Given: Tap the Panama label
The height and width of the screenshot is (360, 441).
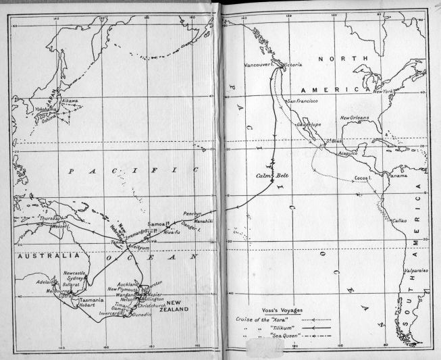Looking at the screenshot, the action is coord(393,176).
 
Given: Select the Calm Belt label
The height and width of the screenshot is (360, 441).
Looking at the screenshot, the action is coord(268,176).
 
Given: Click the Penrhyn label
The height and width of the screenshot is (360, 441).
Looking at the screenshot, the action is coord(193,213).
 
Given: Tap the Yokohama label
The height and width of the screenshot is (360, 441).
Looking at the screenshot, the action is coord(43,109).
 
